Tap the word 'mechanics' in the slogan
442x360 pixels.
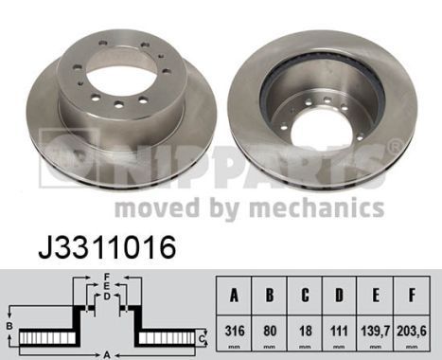click(331, 208)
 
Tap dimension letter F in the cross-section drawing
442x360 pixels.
click(107, 276)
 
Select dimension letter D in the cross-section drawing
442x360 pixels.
click(107, 295)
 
